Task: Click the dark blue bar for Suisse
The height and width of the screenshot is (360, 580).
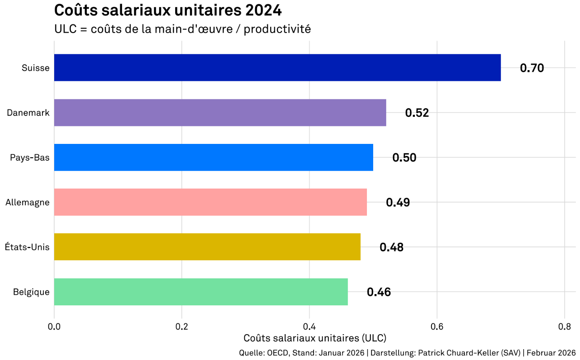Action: [277, 68]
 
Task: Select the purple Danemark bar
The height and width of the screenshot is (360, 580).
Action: [220, 113]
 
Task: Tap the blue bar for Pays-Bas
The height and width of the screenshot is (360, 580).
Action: [213, 157]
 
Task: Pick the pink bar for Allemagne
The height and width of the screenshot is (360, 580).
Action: [210, 202]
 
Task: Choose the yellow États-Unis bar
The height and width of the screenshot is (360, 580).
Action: [207, 247]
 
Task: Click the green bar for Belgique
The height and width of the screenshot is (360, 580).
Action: [201, 292]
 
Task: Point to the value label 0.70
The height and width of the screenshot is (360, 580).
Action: [532, 68]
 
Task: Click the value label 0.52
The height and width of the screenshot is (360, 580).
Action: [417, 113]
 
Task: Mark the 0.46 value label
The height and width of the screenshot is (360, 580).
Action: [379, 292]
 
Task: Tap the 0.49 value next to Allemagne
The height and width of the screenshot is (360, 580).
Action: [398, 203]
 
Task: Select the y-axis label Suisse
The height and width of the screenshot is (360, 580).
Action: [36, 68]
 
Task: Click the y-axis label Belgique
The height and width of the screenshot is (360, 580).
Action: [31, 292]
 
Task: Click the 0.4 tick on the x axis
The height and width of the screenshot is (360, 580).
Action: [309, 326]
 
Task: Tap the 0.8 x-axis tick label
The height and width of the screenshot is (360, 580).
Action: [564, 326]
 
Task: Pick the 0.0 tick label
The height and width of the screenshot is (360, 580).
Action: [54, 326]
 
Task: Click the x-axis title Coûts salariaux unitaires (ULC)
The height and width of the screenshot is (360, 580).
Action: [314, 337]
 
